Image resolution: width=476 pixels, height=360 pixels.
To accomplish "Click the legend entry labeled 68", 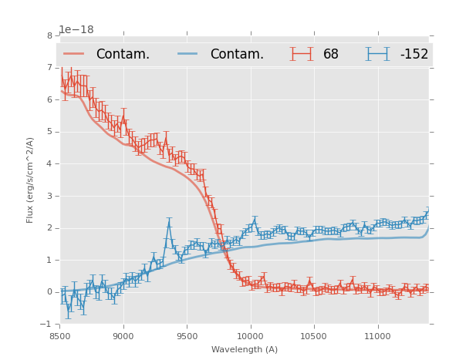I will pos(330,54).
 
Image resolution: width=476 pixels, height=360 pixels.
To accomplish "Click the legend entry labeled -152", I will pos(414,54).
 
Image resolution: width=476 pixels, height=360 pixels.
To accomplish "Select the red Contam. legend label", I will pos(123,54).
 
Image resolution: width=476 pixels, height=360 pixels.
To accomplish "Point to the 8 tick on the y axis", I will pos(49,35).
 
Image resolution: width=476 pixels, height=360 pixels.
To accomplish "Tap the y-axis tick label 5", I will pos(49,132).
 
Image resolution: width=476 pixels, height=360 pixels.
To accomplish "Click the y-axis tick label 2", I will pos(49,227).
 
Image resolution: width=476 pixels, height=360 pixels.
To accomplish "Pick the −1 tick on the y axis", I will pos(47,324).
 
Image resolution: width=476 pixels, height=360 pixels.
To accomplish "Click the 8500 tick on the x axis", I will pos(60,336).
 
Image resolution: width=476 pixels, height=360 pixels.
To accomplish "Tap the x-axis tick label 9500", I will pos(187,336).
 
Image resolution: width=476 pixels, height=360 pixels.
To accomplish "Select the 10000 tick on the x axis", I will pos(251,336).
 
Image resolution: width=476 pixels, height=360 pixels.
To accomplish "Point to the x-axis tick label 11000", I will pos(377,336).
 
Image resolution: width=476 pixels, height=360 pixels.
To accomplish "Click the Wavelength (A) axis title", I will pos(244,349).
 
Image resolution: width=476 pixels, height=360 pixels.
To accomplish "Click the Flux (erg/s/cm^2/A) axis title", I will pos(31,180).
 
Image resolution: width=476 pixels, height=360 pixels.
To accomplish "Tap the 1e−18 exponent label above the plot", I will pos(76,29).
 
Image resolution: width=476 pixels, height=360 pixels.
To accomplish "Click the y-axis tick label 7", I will pos(49,68).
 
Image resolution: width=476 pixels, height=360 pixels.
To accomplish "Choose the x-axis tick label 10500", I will pos(314,336).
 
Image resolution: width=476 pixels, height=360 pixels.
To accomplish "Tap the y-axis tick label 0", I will pos(49,291).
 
